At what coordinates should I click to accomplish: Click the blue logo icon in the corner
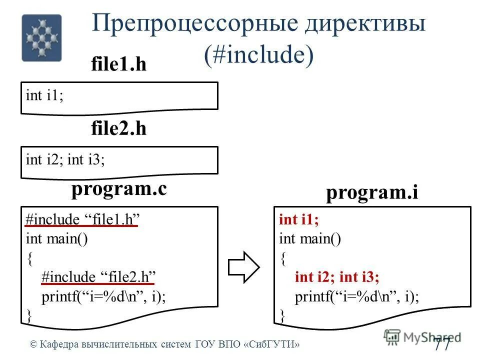[41, 38]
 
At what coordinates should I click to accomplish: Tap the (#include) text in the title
[258, 54]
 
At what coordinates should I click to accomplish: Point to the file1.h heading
[118, 64]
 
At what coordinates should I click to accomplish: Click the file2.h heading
[118, 129]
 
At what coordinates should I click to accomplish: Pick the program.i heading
[372, 193]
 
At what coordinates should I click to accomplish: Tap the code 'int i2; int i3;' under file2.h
[65, 160]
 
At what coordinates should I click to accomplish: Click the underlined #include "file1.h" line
[82, 220]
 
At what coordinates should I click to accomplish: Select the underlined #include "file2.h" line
[99, 277]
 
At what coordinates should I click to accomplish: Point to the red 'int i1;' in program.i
[298, 220]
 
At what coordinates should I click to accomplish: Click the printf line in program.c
[103, 296]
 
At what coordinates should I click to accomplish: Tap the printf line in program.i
[357, 297]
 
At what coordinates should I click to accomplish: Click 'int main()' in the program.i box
[310, 239]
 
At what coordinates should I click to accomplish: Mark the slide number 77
[442, 343]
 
